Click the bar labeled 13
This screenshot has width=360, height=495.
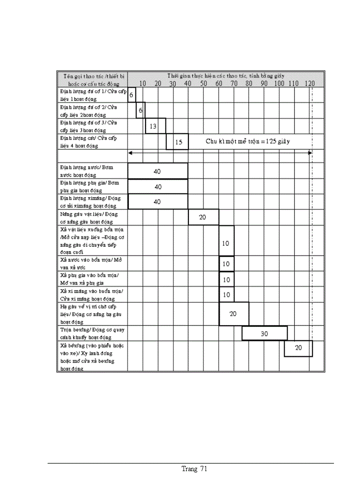pyautogui.click(x=155, y=126)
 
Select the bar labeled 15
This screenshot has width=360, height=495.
pyautogui.click(x=177, y=142)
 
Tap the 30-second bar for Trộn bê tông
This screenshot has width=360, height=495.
pyautogui.click(x=264, y=334)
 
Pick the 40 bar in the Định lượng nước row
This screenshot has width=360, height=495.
pyautogui.click(x=157, y=171)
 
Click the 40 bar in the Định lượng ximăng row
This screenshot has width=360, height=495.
pyautogui.click(x=157, y=201)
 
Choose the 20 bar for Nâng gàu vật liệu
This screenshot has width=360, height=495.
pyautogui.click(x=203, y=217)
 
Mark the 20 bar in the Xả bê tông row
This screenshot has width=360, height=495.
pyautogui.click(x=298, y=348)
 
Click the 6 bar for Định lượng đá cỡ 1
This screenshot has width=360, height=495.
pyautogui.click(x=131, y=95)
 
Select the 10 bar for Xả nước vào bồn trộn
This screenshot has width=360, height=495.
pyautogui.click(x=226, y=264)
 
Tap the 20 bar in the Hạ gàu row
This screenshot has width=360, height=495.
pyautogui.click(x=234, y=314)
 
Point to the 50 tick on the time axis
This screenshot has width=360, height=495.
pyautogui.click(x=203, y=83)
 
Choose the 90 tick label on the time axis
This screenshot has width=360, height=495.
pyautogui.click(x=264, y=83)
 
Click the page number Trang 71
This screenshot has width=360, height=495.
pyautogui.click(x=194, y=469)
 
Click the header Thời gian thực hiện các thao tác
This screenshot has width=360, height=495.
pyautogui.click(x=225, y=76)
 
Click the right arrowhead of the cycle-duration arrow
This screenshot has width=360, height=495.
pyautogui.click(x=311, y=153)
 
